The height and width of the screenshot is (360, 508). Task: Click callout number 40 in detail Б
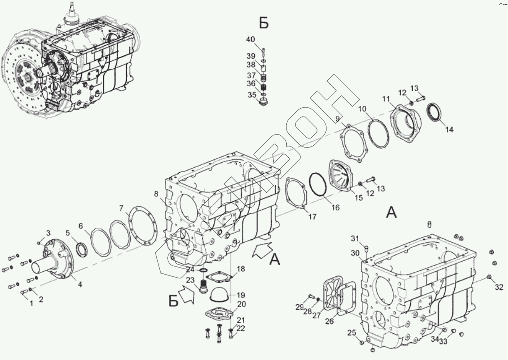pos(251,40)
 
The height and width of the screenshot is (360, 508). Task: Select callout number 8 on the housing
pos(156,194)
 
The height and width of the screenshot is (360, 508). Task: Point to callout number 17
pos(312,216)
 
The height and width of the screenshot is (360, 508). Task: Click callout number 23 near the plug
pos(190,280)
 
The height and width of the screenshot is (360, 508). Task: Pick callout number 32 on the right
pos(499,287)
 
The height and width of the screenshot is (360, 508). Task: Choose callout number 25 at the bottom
pos(352,333)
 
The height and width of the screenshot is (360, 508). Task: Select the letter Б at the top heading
pos(264,23)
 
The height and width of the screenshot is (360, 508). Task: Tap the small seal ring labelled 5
pos(81,251)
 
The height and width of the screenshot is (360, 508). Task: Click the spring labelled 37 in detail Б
pos(263,78)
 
